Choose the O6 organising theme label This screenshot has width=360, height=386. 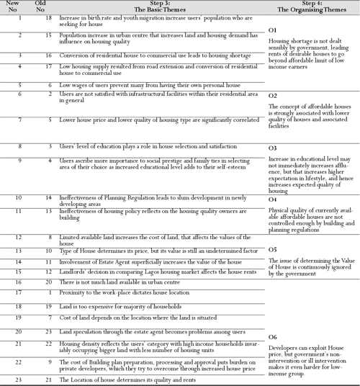coord(273,336)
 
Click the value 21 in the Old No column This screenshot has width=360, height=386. coord(42,378)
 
